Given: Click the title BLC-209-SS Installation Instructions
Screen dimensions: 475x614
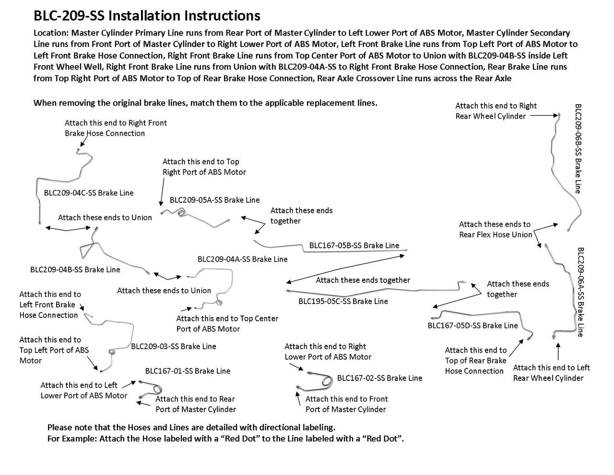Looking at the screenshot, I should [147, 16].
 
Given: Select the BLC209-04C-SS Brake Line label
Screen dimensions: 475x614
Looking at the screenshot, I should [89, 193].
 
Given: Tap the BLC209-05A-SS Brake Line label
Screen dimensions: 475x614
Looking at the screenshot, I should [214, 200].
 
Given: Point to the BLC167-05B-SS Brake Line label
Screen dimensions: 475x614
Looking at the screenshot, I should [354, 245].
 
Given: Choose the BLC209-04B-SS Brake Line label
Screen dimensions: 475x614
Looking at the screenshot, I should [75, 269].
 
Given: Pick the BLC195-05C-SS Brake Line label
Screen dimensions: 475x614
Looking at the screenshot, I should [343, 301].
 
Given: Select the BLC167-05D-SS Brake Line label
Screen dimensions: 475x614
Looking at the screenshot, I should [472, 326].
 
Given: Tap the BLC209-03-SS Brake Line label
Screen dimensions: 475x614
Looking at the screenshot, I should [174, 346].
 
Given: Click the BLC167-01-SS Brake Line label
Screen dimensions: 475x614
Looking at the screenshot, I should [188, 371].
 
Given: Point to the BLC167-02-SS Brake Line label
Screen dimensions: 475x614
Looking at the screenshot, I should [379, 378].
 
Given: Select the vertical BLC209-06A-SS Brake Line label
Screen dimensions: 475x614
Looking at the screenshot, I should [580, 292].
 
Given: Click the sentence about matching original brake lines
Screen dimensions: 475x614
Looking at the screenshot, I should [205, 103].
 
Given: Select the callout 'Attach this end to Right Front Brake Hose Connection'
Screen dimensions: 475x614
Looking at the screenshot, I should [116, 128].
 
